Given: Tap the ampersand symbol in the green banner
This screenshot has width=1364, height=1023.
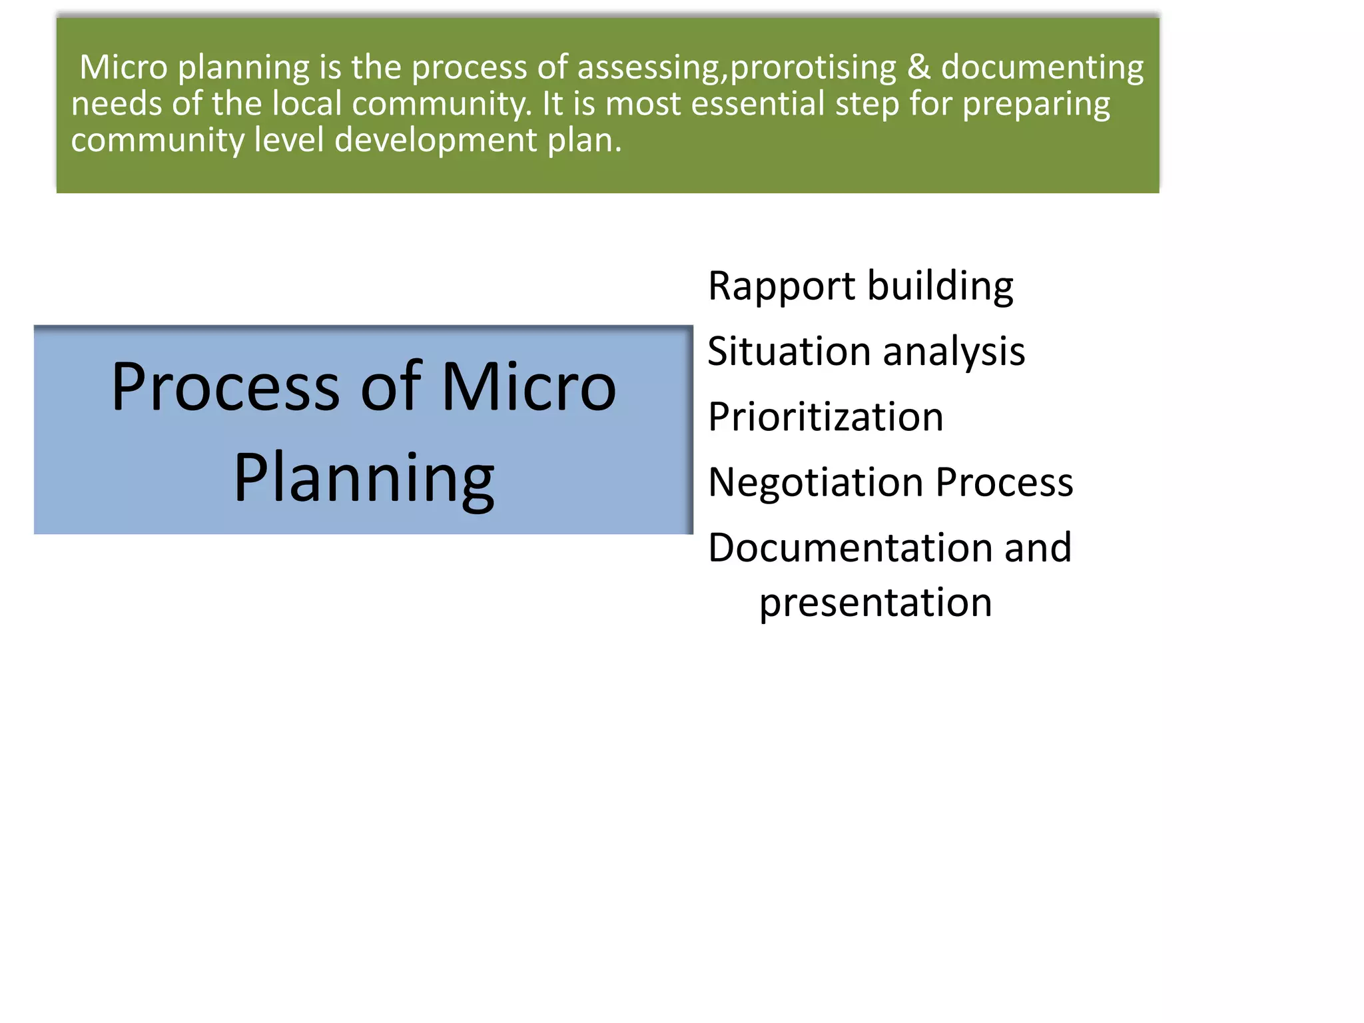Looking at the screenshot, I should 918,67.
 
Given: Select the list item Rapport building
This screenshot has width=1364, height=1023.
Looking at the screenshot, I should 860,286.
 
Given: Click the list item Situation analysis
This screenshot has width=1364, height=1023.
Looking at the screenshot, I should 866,352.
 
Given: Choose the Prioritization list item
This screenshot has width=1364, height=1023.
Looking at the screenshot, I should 825,418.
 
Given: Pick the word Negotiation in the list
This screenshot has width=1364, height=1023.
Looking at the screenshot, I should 816,482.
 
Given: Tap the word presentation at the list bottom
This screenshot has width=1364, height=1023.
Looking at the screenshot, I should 875,603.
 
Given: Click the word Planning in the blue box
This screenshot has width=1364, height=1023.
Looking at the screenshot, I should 364,478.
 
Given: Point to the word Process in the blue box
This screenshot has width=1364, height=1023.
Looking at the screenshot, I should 225,387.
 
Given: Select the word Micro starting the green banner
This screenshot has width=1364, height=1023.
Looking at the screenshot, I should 123,67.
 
